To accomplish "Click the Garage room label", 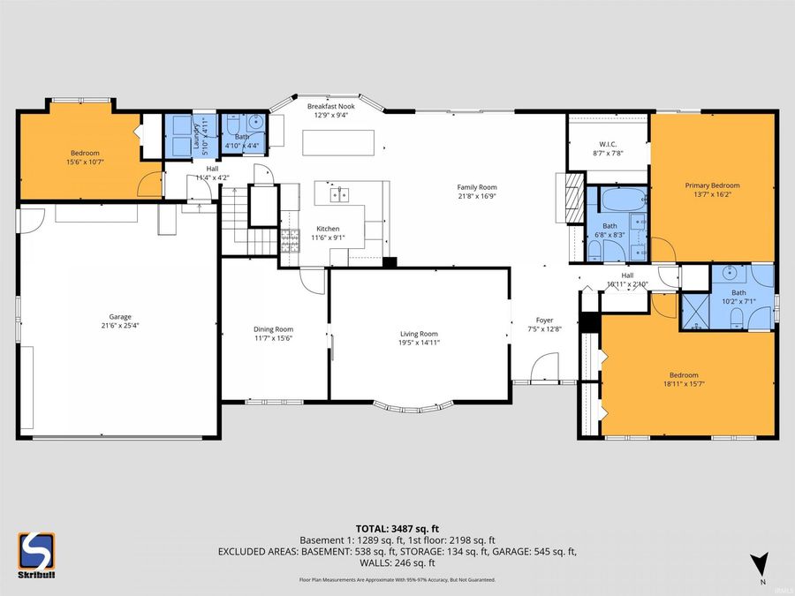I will pos(120,316).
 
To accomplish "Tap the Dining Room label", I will pos(274,329).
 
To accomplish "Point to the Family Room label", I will pos(476,187).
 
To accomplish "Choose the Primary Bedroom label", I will pos(712,185).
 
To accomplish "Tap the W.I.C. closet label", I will pos(607,144).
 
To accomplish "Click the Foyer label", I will pos(545,321).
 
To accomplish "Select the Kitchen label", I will pos(328,230).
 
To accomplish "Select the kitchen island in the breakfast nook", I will pos(339,141).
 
